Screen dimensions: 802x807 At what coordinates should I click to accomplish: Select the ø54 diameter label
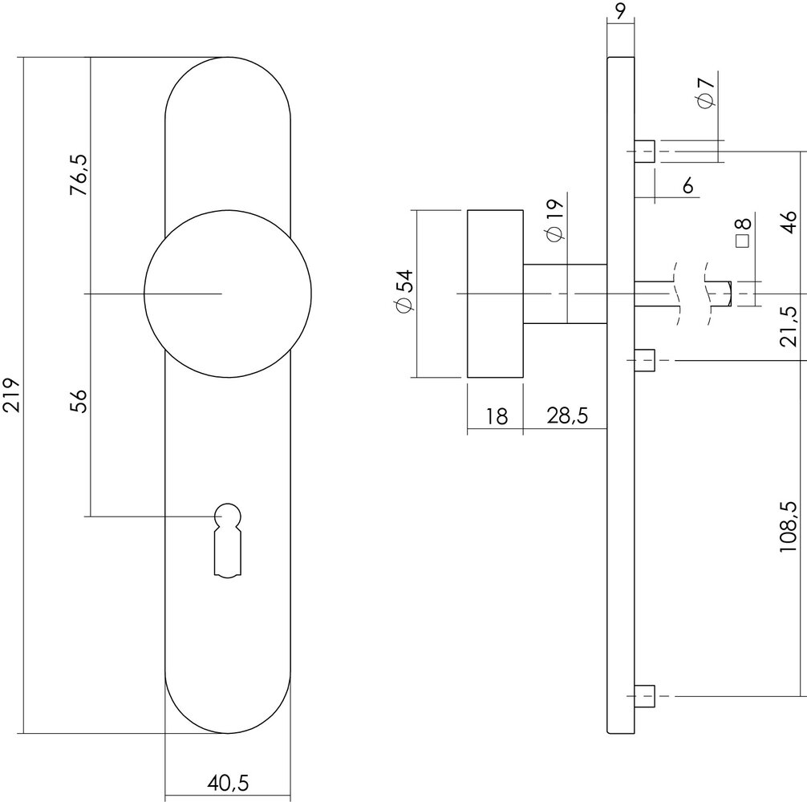tap(403, 294)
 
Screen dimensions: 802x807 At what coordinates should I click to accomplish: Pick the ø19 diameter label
tap(554, 221)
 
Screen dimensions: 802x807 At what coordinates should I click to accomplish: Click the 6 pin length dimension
tap(687, 186)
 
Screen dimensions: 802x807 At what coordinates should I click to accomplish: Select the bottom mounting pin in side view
tap(644, 695)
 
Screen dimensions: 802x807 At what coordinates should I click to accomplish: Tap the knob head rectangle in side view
tap(495, 294)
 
